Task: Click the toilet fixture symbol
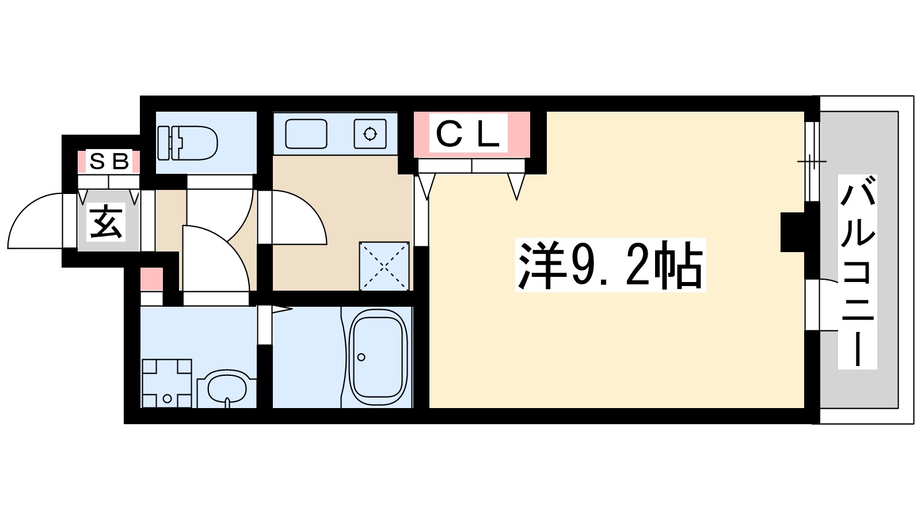coord(187,143)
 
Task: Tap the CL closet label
coord(467,135)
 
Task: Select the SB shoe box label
coord(109,162)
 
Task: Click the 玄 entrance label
coord(106,222)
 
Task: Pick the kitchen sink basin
coord(306,134)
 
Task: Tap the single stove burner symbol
coord(370,134)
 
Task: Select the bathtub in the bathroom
coord(378,357)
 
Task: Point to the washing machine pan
coord(167,383)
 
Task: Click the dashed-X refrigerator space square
coord(384,266)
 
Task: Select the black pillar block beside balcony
coord(792,232)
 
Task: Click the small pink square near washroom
coord(152,279)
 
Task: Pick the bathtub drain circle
coord(361,357)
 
